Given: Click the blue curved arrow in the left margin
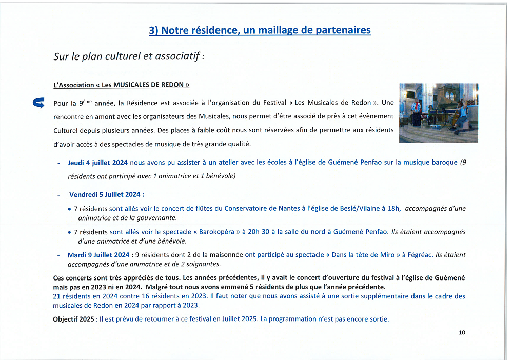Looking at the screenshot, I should point(38,104).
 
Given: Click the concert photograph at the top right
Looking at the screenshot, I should point(439,112).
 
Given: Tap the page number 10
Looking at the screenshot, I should point(462,332).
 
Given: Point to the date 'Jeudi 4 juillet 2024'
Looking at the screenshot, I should point(97,163).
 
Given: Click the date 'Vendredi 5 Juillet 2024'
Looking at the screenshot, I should point(105,194).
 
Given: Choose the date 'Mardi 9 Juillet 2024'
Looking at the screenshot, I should point(98,255).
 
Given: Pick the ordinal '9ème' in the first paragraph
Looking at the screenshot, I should point(86,103).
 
